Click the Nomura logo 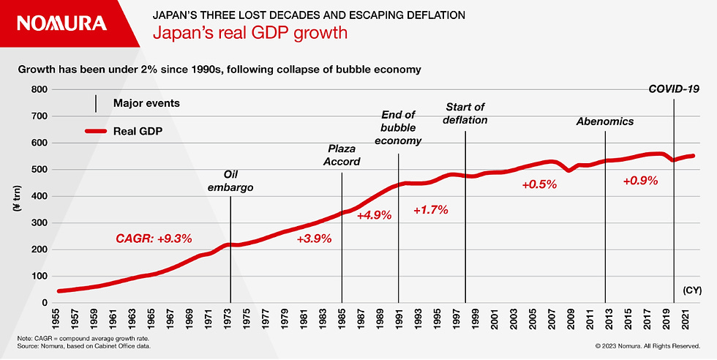coord(61,23)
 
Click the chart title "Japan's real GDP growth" coord(249,33)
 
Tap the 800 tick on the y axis coord(38,89)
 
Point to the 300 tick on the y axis coord(38,222)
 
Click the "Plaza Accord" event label coord(342,155)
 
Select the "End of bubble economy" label coord(399,127)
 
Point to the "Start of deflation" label coord(465,113)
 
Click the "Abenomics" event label coord(604,121)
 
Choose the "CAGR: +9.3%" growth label coord(154,238)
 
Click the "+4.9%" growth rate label coord(374,215)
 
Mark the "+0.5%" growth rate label coord(539,185)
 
